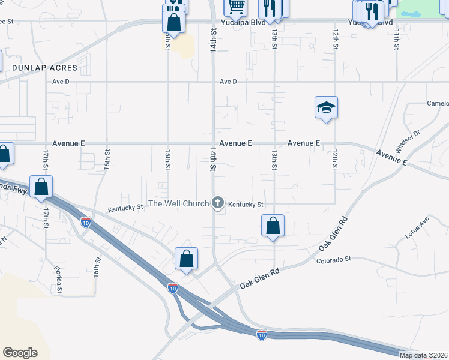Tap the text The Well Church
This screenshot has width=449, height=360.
(178, 203)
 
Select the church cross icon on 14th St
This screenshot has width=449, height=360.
(218, 203)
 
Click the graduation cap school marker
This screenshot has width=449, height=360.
(326, 107)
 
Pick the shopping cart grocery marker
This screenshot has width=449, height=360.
(236, 7)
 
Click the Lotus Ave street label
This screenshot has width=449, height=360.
(417, 229)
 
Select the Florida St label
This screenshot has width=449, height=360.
(58, 279)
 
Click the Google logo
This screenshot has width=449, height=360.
(20, 353)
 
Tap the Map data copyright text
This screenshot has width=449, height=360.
(423, 355)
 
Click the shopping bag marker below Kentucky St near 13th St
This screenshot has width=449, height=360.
(273, 226)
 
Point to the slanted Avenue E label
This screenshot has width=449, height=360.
(393, 158)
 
